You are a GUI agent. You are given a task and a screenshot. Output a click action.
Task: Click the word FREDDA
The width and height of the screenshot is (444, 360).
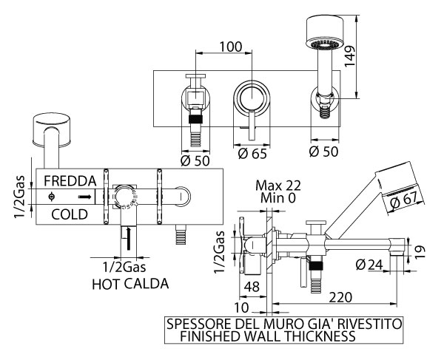tap(69, 181)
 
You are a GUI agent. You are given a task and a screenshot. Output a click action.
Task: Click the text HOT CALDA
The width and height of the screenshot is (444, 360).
tap(129, 283)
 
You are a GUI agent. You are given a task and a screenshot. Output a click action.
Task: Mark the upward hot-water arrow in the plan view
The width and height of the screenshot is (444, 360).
tap(129, 238)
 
